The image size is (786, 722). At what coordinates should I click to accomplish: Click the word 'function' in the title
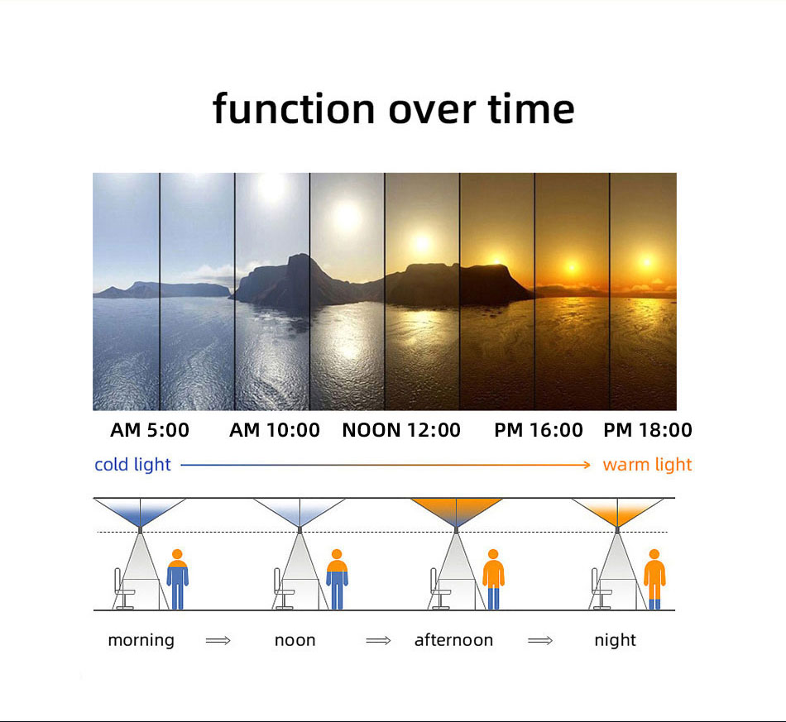pos(294,108)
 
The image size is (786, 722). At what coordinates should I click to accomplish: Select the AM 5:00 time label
pos(150,430)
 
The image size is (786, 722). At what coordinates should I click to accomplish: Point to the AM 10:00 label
pos(275,430)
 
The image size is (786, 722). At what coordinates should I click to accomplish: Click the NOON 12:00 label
pos(401,430)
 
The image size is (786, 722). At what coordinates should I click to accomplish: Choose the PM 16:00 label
pos(539,430)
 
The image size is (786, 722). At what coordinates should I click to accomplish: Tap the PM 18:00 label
pos(648,430)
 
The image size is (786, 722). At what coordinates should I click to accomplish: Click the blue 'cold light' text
pos(133,465)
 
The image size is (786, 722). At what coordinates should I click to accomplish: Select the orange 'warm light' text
pos(647,465)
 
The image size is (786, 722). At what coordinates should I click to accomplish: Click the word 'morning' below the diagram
pos(141,640)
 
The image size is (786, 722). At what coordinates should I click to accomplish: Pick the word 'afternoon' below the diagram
pos(453,640)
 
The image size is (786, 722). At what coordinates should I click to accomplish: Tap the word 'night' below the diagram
pos(615,640)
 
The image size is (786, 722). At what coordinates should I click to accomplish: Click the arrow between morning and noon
pos(218,640)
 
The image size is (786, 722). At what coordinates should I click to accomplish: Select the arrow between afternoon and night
pos(540,640)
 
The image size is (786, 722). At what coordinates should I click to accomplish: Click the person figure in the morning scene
pos(177,579)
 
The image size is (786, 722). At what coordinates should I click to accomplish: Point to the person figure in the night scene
pos(654,579)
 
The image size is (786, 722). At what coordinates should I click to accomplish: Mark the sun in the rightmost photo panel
pos(647,262)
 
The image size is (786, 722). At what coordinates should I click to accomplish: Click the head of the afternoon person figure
pos(493,554)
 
